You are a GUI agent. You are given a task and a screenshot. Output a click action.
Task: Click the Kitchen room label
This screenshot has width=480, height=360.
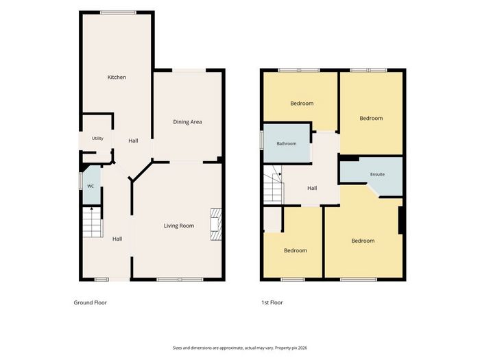[117, 77]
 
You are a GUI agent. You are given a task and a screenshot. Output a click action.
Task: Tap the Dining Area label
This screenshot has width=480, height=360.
[187, 122]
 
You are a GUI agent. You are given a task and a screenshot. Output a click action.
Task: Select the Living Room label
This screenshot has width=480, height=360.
[179, 226]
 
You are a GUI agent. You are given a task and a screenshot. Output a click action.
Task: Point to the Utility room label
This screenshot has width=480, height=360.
[97, 139]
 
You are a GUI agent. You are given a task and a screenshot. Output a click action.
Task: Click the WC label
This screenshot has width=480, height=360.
[91, 186]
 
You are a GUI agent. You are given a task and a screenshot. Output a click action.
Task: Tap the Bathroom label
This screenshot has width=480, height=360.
[287, 143]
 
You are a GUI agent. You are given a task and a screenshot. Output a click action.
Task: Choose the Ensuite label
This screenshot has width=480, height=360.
[377, 174]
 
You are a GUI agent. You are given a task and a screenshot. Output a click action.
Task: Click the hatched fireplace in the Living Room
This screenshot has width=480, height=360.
[216, 224]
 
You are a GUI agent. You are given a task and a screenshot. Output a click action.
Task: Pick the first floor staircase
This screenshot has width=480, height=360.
[273, 184]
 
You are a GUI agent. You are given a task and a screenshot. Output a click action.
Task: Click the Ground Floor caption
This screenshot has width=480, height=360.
[91, 302]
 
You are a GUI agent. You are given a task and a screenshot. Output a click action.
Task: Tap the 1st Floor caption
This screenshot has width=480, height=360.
[272, 302]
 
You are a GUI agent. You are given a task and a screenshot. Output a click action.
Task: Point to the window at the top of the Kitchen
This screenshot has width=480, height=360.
[119, 12]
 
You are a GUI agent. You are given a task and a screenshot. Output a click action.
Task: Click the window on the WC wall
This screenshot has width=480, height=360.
[80, 181]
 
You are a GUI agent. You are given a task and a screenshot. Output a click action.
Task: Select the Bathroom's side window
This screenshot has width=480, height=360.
[262, 141]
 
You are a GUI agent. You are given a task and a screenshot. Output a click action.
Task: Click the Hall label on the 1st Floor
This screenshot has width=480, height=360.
[312, 188]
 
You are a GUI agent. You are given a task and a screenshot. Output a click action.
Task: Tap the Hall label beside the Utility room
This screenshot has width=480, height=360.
[133, 141]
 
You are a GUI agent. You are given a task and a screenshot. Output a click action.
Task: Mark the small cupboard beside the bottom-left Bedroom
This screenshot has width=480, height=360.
[272, 219]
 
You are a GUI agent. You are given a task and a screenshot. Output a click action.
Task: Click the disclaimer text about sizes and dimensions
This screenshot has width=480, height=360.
[240, 348]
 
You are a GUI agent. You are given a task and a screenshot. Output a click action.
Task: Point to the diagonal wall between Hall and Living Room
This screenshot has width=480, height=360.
[141, 171]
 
